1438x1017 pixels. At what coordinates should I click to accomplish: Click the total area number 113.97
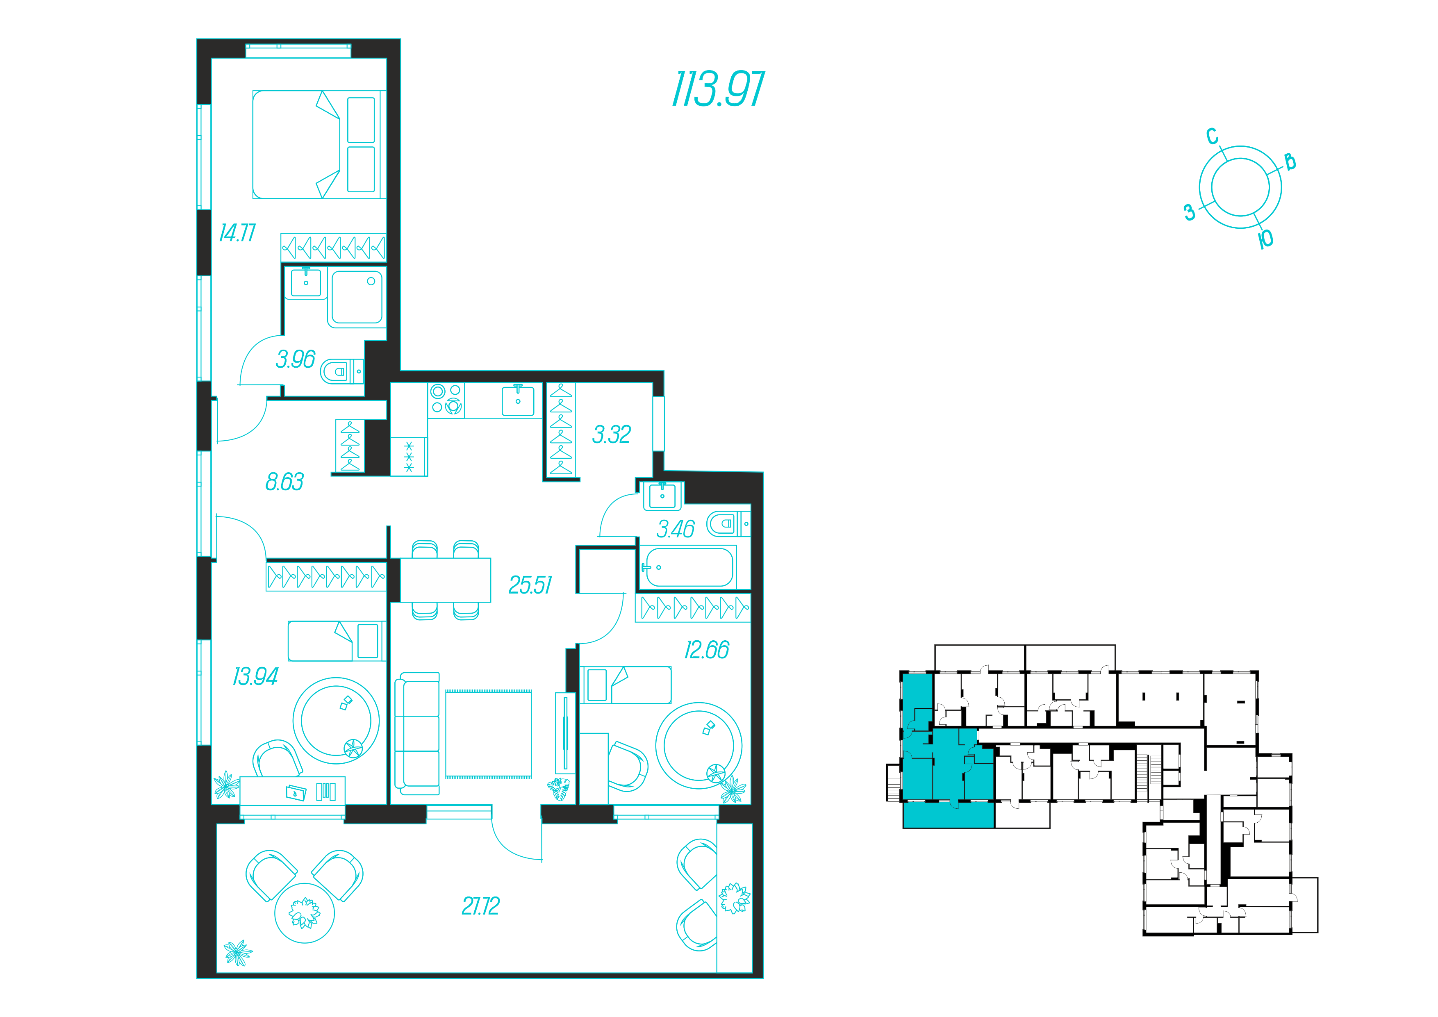718,89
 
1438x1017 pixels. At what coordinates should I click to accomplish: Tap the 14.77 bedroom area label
237,233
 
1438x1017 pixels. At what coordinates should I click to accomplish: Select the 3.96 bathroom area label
296,359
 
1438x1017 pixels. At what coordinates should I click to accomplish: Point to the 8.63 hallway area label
284,482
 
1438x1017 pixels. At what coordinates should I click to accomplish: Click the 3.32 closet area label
612,435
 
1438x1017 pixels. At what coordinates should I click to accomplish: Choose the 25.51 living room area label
530,585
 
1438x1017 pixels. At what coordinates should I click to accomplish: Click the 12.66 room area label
706,650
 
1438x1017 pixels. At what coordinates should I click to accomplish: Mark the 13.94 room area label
255,676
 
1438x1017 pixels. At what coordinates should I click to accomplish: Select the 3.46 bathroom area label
675,529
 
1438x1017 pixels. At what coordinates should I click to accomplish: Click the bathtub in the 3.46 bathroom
687,567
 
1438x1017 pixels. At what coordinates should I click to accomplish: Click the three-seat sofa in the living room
416,734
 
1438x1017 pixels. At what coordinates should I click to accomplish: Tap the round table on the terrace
305,913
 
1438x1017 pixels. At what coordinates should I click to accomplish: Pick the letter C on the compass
1213,136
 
